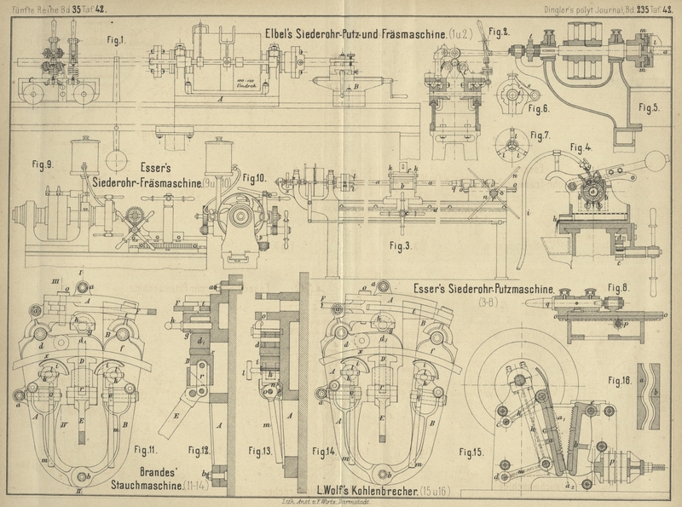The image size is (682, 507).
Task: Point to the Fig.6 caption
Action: coord(539,108)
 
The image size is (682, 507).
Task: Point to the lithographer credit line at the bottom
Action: coord(341,503)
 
